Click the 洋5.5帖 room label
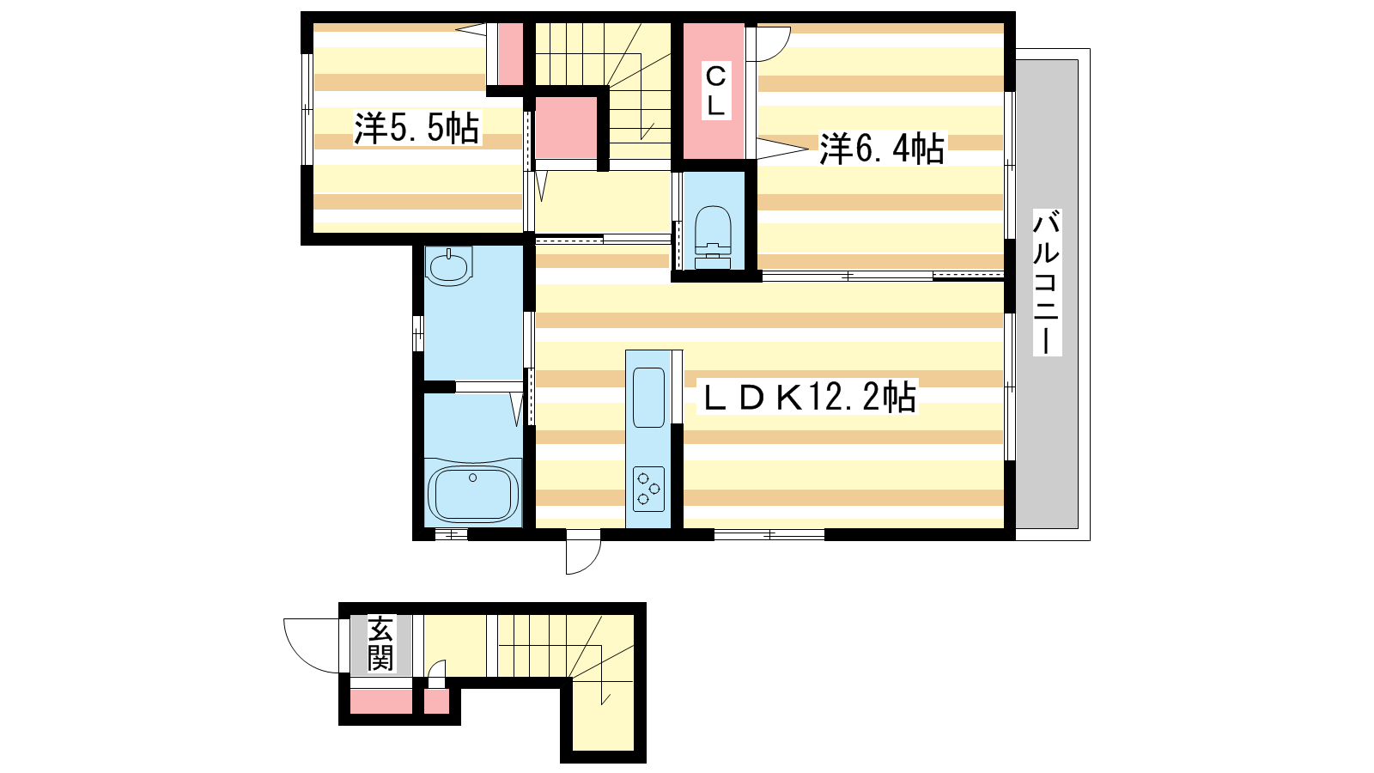(x=417, y=128)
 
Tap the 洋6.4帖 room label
(x=882, y=149)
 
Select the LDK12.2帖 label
(x=808, y=396)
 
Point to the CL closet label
(x=716, y=91)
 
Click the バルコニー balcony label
(x=1047, y=283)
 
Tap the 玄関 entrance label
(x=381, y=643)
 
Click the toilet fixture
(x=713, y=237)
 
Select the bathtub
(x=473, y=493)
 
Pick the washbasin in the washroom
(x=448, y=266)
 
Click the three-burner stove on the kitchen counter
(x=649, y=489)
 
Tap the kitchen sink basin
(x=649, y=398)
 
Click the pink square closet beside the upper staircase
(x=566, y=128)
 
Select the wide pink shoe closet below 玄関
(x=381, y=701)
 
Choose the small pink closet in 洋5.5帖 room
(x=510, y=55)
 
